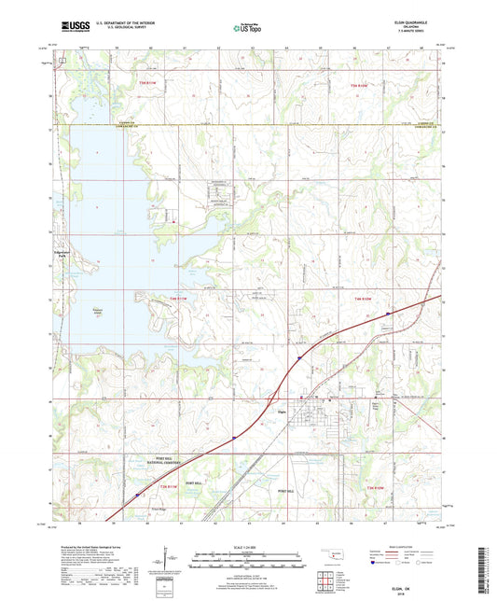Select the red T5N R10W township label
(x=360, y=86)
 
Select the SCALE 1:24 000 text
(x=247, y=546)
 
